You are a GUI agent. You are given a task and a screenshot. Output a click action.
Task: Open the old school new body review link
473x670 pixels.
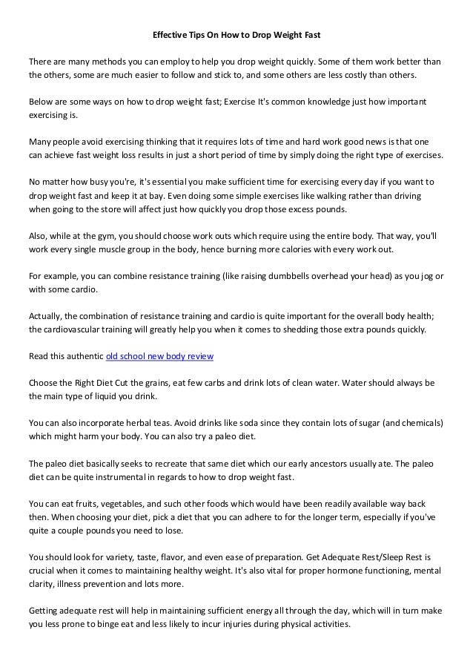160,356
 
